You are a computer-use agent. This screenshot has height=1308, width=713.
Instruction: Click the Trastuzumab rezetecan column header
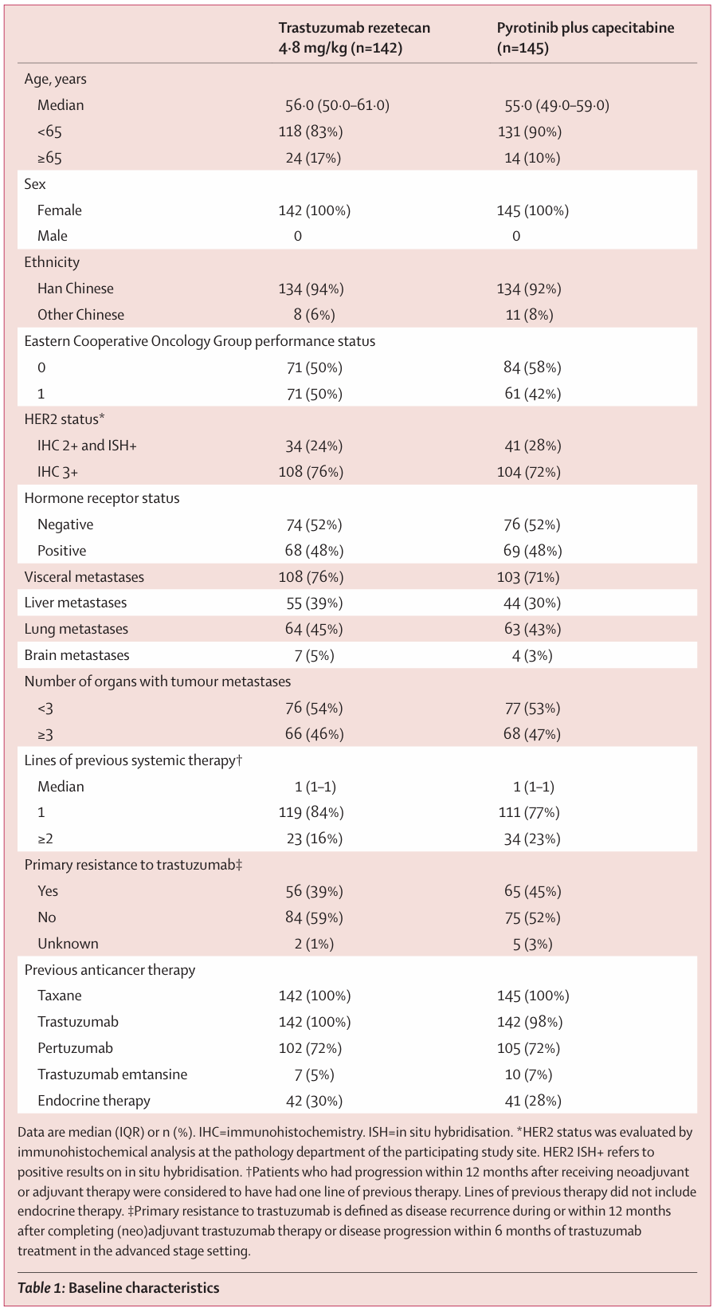(x=355, y=37)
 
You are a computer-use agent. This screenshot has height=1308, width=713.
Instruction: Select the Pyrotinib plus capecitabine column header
(x=586, y=37)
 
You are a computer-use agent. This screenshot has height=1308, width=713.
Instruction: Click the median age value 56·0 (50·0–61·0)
(x=337, y=105)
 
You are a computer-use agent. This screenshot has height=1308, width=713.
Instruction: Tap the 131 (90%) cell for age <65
(x=530, y=132)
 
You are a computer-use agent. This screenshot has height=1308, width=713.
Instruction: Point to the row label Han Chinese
(x=75, y=289)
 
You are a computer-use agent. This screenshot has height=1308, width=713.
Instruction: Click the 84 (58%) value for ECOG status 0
(x=532, y=367)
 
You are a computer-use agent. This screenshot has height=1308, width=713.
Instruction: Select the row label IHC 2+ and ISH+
(x=87, y=446)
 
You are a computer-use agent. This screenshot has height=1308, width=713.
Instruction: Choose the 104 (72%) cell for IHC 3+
(x=529, y=472)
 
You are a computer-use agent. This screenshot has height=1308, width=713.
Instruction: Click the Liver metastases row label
(x=75, y=603)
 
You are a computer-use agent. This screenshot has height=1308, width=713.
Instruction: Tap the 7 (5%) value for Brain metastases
(x=314, y=655)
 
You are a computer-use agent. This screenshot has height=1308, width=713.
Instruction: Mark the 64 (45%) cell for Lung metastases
(x=314, y=629)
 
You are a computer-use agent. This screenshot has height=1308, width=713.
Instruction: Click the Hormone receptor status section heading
(x=101, y=498)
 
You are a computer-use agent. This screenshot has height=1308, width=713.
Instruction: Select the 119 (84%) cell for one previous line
(x=311, y=812)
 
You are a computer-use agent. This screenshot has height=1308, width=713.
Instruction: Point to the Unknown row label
(x=68, y=944)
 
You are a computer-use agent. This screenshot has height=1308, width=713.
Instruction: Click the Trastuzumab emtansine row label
(x=112, y=1074)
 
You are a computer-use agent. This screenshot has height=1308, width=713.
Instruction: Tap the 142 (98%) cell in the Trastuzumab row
(x=530, y=1022)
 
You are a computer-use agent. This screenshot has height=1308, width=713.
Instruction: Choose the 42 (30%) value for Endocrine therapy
(x=314, y=1101)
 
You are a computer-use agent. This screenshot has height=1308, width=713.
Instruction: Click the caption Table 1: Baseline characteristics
(x=119, y=1287)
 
